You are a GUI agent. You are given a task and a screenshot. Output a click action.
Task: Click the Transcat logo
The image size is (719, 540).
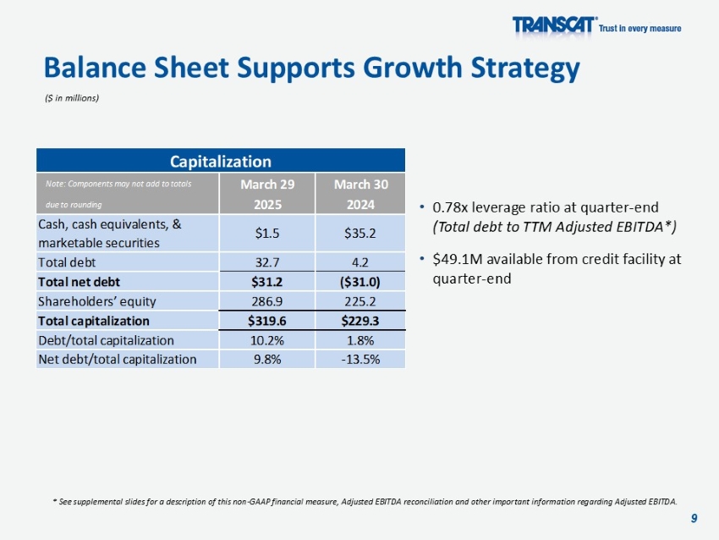[x=554, y=27]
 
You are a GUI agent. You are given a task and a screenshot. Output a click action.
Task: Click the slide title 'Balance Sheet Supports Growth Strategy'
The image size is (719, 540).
[x=311, y=68]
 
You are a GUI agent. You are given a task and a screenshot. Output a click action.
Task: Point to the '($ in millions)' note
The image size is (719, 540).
[x=72, y=97]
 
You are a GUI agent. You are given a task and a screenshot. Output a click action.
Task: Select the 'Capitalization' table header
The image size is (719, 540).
[x=220, y=161]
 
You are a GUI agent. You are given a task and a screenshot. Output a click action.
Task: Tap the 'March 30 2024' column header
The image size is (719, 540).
[x=359, y=195]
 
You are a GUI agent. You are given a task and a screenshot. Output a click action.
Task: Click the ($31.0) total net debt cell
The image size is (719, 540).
[x=359, y=282]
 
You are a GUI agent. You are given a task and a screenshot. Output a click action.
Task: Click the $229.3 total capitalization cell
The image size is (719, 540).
[x=359, y=321]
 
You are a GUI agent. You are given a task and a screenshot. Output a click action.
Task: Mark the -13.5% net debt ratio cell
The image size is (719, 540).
[x=359, y=359]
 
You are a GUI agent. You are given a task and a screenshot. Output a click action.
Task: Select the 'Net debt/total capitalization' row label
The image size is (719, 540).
[x=117, y=359]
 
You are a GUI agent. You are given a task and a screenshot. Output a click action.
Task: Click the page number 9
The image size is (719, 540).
[x=694, y=518]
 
